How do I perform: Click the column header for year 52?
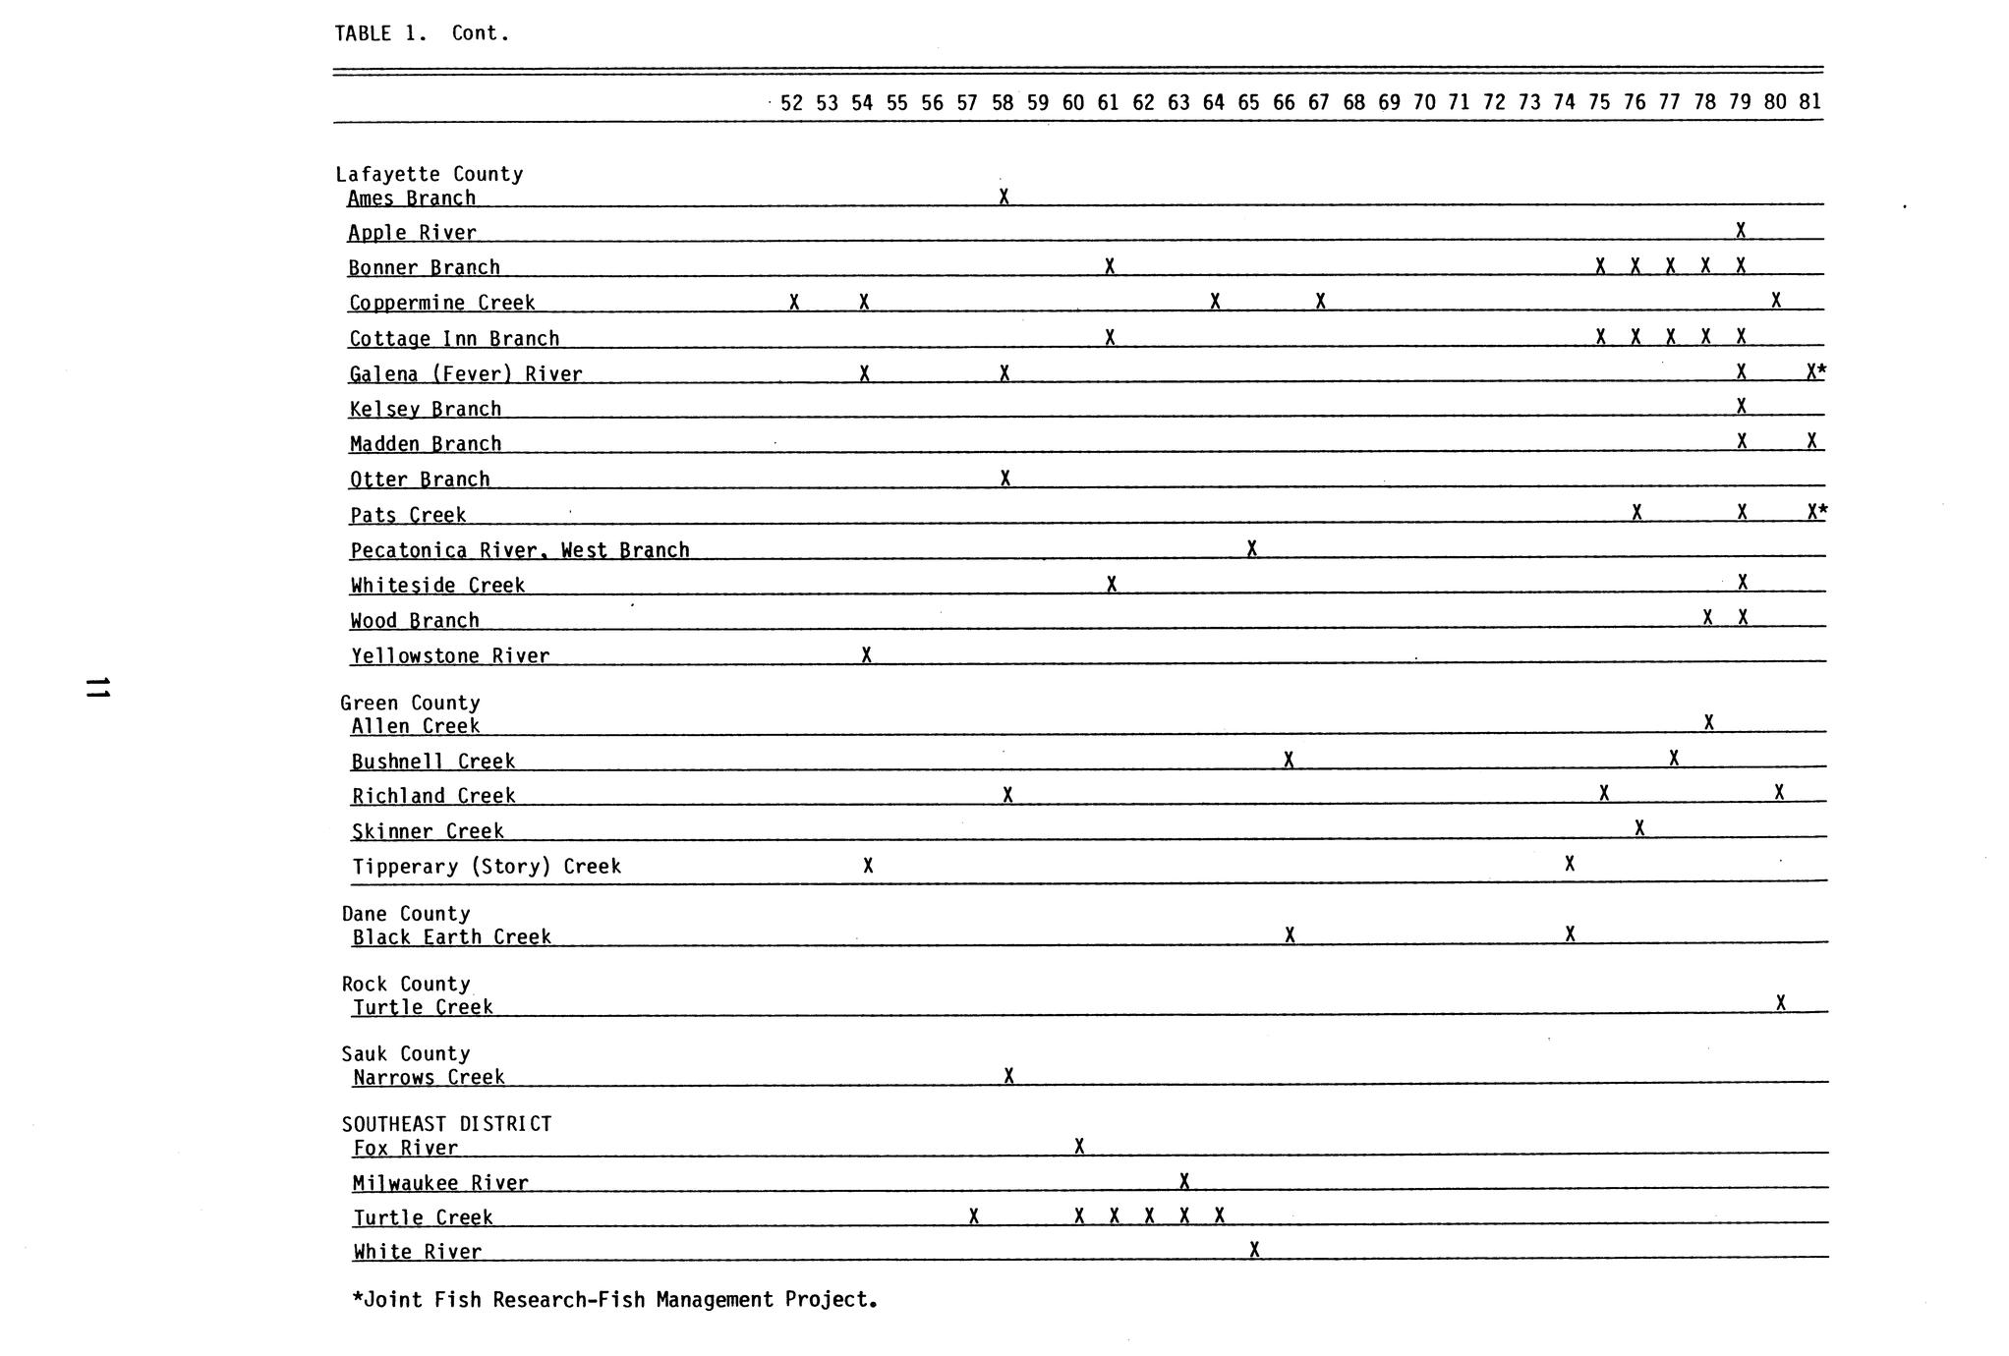coord(791,102)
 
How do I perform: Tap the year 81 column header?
coord(1809,101)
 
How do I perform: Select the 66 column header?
coord(1284,102)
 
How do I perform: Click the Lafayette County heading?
coord(429,174)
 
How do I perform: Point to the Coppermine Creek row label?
coord(442,303)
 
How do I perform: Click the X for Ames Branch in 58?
coord(1004,198)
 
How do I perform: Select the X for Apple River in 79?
coord(1741,231)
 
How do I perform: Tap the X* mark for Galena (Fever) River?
coord(1815,371)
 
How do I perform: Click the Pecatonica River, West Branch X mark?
coord(1251,548)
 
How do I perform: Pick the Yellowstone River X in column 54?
coord(866,654)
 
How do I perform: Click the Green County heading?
coord(410,703)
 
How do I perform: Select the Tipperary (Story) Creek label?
coord(487,867)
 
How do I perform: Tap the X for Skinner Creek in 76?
coord(1639,828)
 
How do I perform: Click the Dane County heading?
coord(406,914)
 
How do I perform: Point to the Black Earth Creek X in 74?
coord(1570,933)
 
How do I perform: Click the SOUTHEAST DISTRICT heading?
coord(446,1124)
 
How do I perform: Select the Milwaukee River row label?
coord(440,1183)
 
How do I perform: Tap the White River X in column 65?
coord(1254,1250)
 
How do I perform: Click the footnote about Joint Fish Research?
coord(614,1300)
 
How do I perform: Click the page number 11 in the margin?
coord(97,688)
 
